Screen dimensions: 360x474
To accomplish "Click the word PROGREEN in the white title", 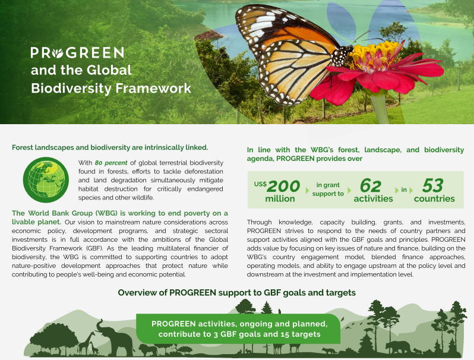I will pyautogui.click(x=77, y=52).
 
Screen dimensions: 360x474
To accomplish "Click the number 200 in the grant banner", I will pyautogui.click(x=283, y=187).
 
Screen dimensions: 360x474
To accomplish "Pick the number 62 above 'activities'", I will pyautogui.click(x=371, y=187).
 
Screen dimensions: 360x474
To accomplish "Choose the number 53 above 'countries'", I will pyautogui.click(x=432, y=187).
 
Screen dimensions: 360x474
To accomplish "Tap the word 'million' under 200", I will pyautogui.click(x=280, y=199).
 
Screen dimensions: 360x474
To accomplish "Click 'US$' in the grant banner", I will pyautogui.click(x=260, y=184).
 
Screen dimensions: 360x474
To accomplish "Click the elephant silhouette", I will pyautogui.click(x=115, y=337).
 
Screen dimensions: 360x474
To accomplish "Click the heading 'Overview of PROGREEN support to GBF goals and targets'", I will pyautogui.click(x=236, y=293).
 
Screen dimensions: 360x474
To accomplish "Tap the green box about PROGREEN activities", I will pyautogui.click(x=239, y=329).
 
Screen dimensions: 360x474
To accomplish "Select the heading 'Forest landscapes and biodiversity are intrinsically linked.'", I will pyautogui.click(x=110, y=147).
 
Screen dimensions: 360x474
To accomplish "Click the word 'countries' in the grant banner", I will pyautogui.click(x=434, y=199).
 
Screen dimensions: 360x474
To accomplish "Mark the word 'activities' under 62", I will pyautogui.click(x=373, y=199).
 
